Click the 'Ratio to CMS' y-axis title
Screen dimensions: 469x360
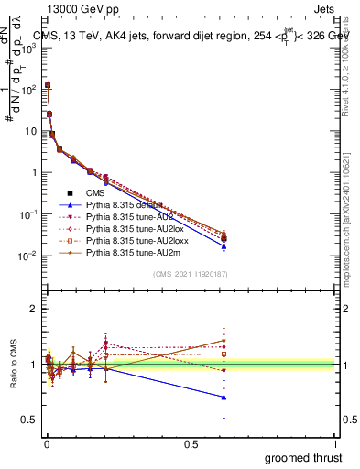[13, 365]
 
